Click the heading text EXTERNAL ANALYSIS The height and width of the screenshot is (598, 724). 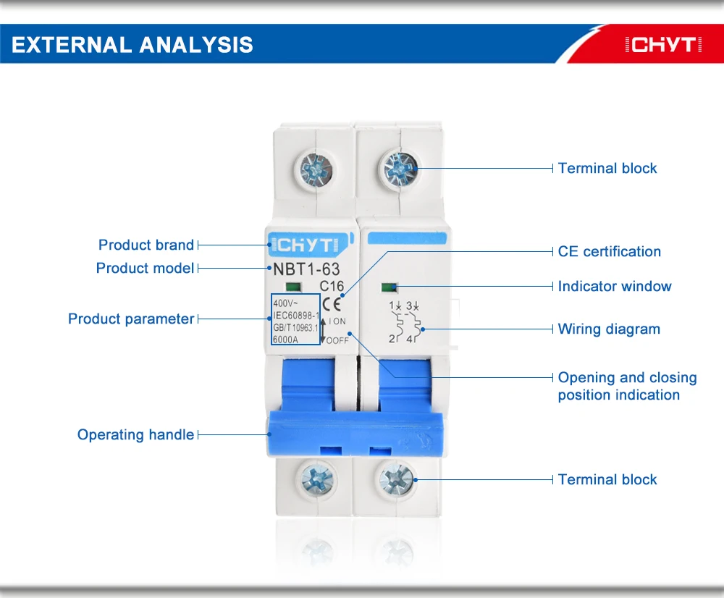132,45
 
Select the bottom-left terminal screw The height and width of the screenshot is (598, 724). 315,480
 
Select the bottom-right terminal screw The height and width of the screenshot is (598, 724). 396,479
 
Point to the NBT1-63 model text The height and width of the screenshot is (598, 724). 306,270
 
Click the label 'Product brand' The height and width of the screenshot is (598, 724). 146,245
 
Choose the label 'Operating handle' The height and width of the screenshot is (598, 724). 136,434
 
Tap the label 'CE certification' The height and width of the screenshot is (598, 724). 609,251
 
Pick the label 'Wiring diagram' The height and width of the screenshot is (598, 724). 609,329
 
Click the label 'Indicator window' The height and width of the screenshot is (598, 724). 615,286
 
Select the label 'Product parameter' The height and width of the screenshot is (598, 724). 131,319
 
